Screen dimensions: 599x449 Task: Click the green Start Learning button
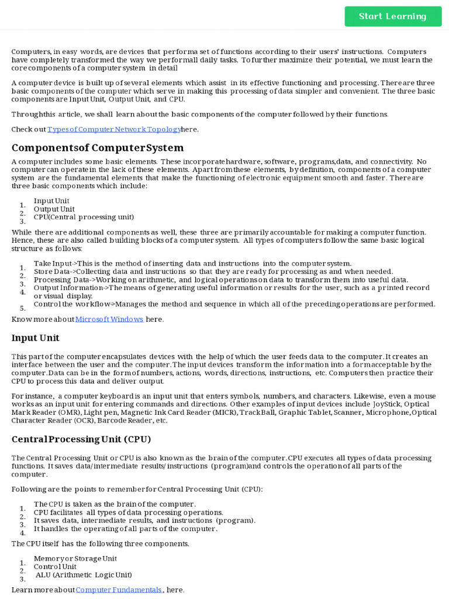point(393,16)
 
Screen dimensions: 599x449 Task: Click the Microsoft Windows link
point(109,319)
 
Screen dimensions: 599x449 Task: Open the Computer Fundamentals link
point(119,590)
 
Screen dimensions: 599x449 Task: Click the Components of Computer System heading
point(98,147)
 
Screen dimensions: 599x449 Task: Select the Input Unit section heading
point(36,338)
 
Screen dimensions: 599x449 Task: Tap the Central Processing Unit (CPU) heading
point(81,439)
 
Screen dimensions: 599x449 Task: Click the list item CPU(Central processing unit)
point(84,217)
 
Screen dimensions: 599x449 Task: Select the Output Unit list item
point(54,209)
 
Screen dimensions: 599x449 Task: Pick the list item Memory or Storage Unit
point(75,559)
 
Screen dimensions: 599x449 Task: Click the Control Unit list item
point(55,567)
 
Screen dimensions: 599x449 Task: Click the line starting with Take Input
point(192,264)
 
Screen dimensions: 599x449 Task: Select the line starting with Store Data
point(213,271)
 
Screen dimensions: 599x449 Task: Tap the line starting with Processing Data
point(221,280)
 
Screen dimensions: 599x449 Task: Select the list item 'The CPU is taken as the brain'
point(115,504)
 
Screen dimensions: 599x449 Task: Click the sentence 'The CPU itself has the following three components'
point(101,544)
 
